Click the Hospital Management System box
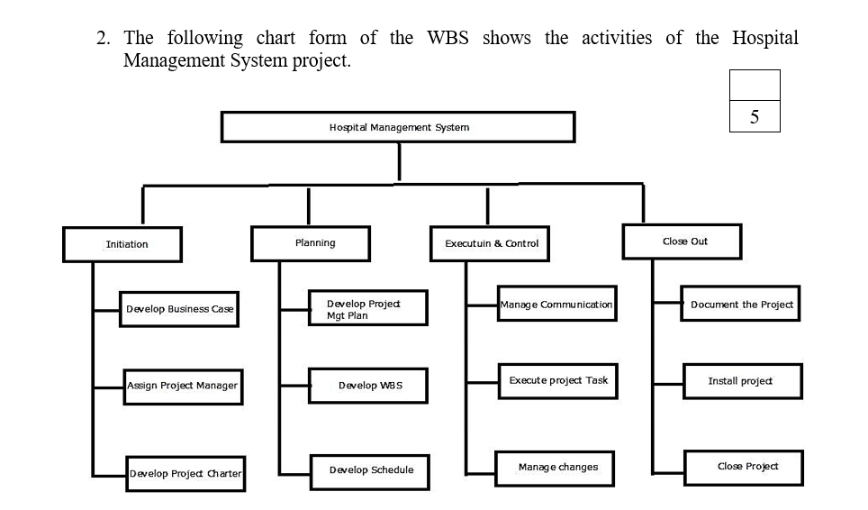[x=398, y=127]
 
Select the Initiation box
[x=122, y=244]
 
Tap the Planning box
[x=311, y=243]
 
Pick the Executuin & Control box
[x=491, y=243]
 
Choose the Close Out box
[x=684, y=241]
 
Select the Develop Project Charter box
[x=185, y=473]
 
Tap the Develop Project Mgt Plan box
[x=367, y=308]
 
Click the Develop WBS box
[x=367, y=386]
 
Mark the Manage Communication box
[x=556, y=305]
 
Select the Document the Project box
[x=741, y=305]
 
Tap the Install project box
[x=742, y=381]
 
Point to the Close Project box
[x=743, y=467]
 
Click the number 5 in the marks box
[x=754, y=116]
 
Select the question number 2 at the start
[x=104, y=39]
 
